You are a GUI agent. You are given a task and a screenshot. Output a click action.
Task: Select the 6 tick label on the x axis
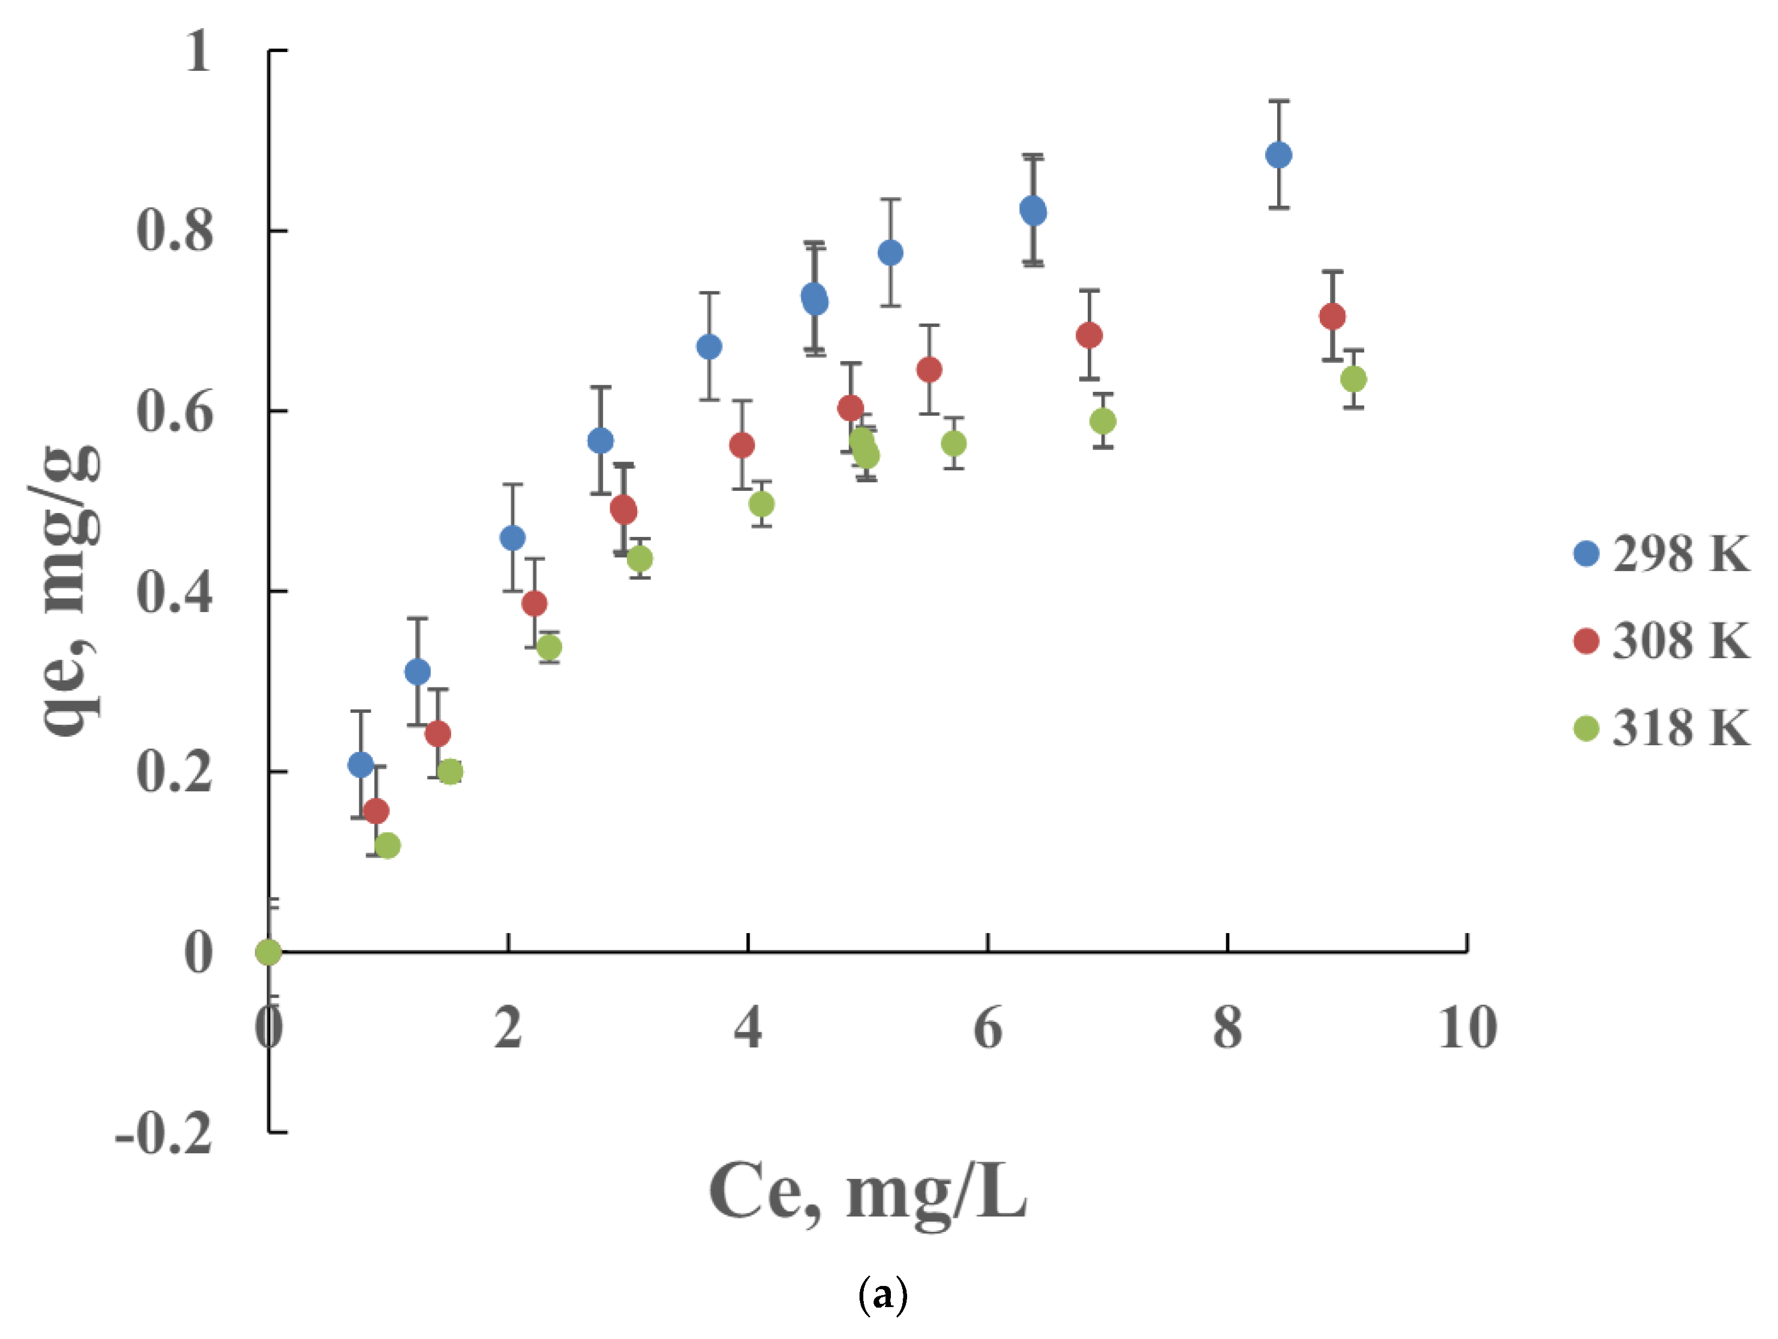[987, 1028]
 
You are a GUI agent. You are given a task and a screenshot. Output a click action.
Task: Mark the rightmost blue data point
[1278, 155]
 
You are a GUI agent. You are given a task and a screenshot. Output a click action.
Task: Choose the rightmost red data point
[1332, 317]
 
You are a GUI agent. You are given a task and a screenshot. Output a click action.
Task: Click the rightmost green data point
[1353, 379]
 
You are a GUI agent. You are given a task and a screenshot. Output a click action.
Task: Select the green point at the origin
[268, 952]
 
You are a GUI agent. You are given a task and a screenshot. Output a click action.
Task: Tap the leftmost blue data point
[361, 765]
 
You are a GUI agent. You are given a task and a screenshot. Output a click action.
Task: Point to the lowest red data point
[375, 811]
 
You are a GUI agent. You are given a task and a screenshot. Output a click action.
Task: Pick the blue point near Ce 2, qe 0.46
[512, 538]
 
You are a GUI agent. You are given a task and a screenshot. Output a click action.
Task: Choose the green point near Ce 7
[1103, 421]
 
